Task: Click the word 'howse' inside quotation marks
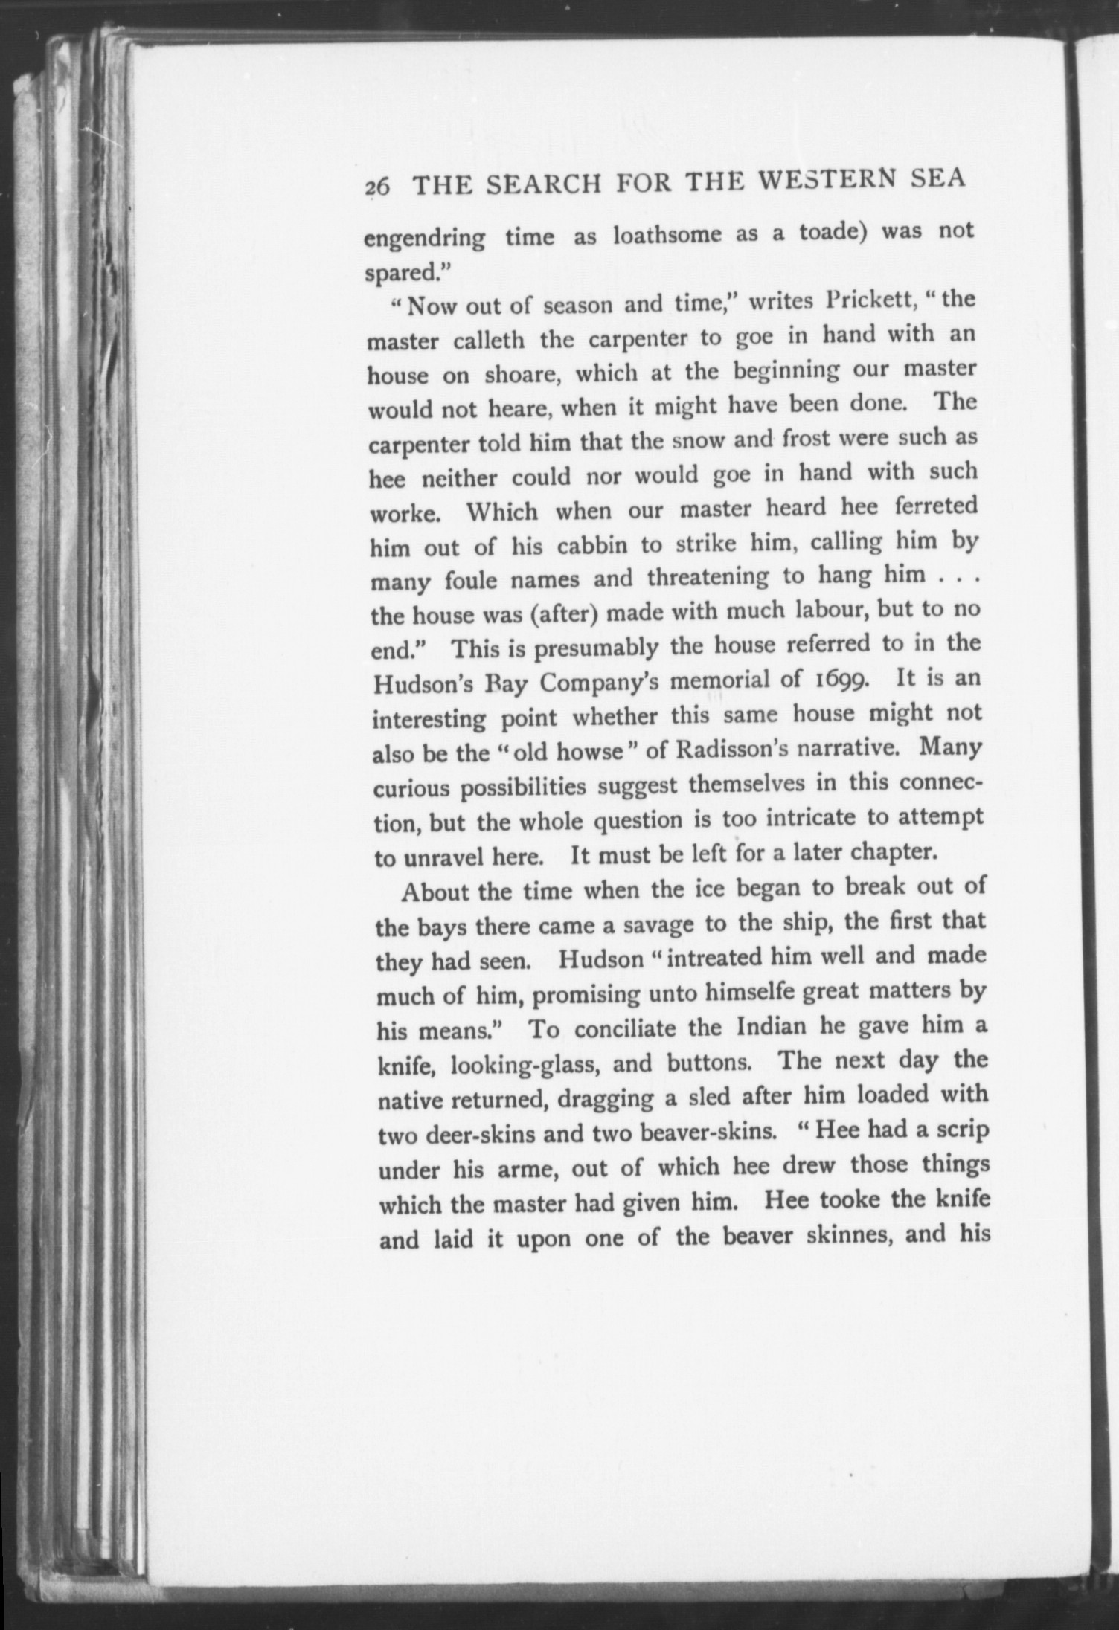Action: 589,752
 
